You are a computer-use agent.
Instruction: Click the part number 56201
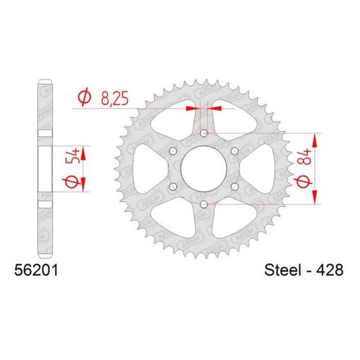(x=36, y=270)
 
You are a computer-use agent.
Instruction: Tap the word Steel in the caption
(x=283, y=270)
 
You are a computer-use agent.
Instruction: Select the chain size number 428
(x=329, y=270)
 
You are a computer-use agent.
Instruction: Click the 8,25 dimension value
(x=115, y=98)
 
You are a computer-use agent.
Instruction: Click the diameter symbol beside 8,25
(x=85, y=97)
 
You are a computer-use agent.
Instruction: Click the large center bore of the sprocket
(x=204, y=169)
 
